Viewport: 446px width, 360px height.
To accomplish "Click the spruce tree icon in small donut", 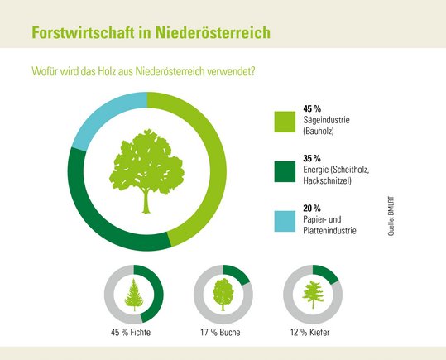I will point(133,295).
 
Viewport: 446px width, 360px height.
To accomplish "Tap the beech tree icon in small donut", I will point(223,295).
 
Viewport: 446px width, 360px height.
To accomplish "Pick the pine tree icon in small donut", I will point(312,295).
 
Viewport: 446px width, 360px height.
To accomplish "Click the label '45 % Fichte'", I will point(133,334).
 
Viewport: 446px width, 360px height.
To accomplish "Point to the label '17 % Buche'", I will point(223,334).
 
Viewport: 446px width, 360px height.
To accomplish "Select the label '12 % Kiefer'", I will point(312,334).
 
